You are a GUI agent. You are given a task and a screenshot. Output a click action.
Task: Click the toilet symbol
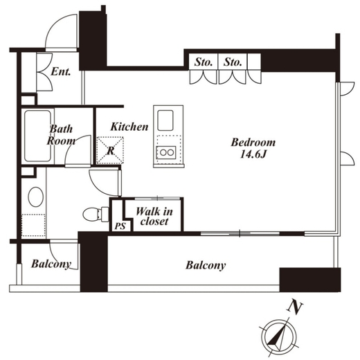96,215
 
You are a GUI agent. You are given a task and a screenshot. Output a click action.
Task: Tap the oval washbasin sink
36,197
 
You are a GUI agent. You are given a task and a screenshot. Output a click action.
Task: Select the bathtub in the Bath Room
37,136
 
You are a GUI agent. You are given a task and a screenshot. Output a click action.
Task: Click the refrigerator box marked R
110,150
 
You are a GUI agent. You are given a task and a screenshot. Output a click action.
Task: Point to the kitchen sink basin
165,120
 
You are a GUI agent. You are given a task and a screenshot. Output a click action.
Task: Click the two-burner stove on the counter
166,152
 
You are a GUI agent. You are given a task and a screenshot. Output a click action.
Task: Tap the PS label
120,226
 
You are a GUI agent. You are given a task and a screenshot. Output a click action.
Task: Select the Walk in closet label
154,216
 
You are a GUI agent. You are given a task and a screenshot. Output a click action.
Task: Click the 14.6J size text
253,154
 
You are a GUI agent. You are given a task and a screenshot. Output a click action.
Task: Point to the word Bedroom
253,143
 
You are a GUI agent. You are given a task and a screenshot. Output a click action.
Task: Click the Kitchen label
129,127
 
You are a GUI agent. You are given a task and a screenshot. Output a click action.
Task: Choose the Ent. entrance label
61,71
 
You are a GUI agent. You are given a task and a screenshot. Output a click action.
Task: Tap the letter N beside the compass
295,307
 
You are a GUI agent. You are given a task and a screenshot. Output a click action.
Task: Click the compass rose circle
279,337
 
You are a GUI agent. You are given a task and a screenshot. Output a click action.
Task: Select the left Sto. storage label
204,62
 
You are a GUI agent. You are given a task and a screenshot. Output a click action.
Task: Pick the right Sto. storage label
233,62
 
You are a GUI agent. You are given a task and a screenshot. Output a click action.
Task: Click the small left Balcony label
51,264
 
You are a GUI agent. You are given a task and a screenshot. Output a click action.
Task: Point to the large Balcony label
206,265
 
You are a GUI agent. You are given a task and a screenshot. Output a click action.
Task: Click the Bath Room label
61,135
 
